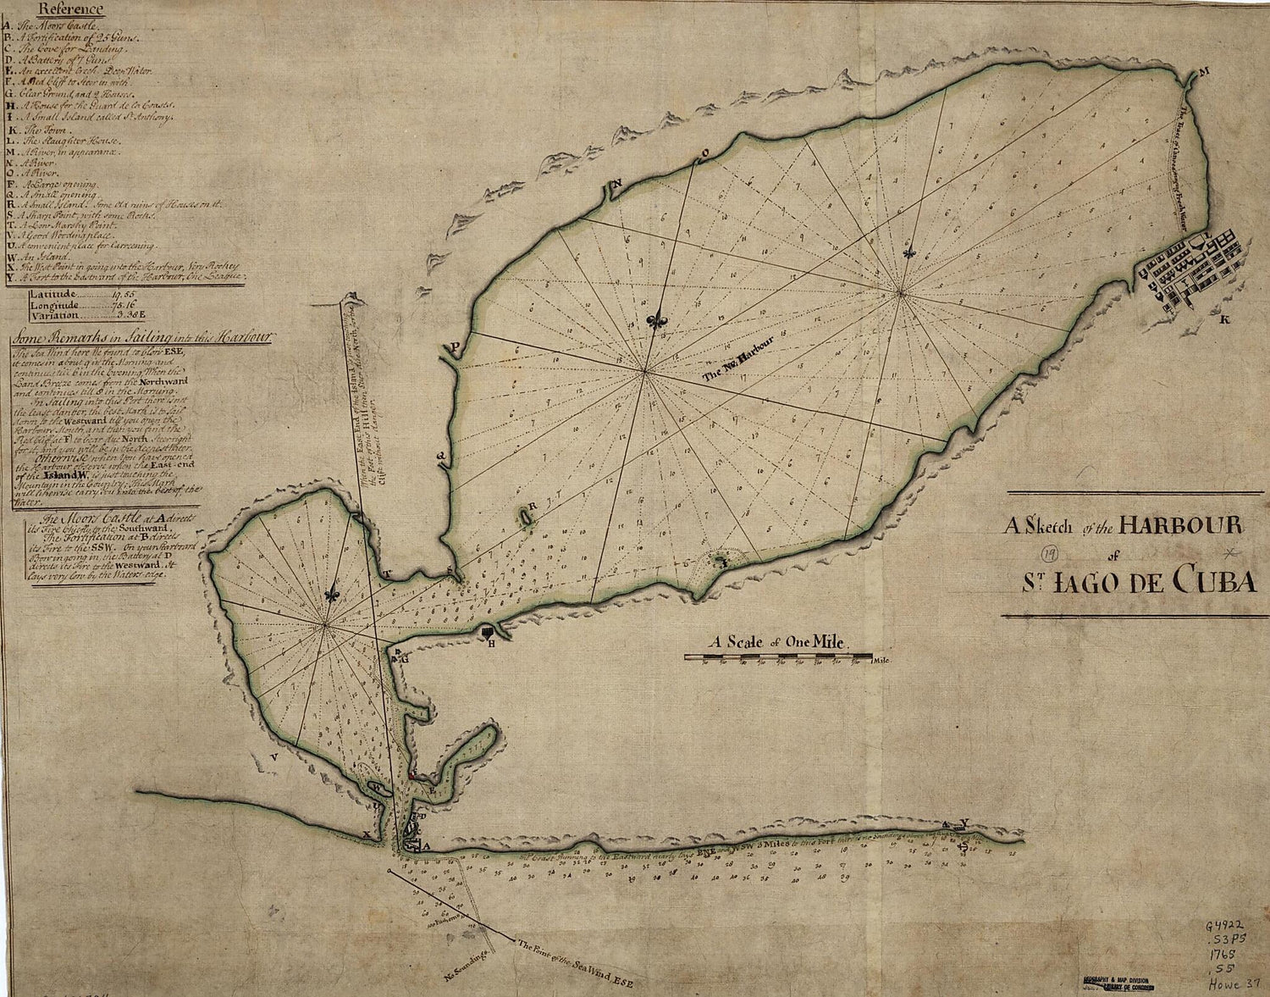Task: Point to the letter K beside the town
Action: tap(1223, 320)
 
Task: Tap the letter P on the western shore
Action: tap(455, 347)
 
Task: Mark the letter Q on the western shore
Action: tap(440, 455)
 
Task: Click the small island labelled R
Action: tap(527, 515)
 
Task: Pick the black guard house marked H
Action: tap(488, 631)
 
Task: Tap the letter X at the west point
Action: tap(366, 834)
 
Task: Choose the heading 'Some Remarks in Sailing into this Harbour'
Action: tap(140, 335)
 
